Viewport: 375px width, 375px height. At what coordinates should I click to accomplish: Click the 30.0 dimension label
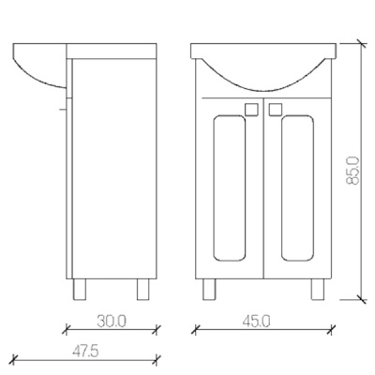(x=112, y=322)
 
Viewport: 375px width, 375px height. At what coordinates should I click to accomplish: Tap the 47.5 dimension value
(x=85, y=352)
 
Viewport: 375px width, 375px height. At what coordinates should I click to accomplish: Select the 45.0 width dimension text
(x=256, y=322)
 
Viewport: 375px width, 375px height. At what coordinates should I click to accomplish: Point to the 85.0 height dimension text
(x=353, y=171)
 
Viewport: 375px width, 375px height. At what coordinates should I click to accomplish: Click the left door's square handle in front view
(x=251, y=110)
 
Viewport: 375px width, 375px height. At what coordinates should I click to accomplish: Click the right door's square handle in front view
(x=276, y=110)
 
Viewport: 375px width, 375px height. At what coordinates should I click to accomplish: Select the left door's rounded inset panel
(x=229, y=187)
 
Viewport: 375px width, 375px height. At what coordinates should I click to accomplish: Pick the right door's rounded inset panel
(x=297, y=187)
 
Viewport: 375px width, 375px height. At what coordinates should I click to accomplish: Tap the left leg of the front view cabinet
(x=209, y=290)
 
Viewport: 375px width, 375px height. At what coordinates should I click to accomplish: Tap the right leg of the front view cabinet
(x=317, y=290)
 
